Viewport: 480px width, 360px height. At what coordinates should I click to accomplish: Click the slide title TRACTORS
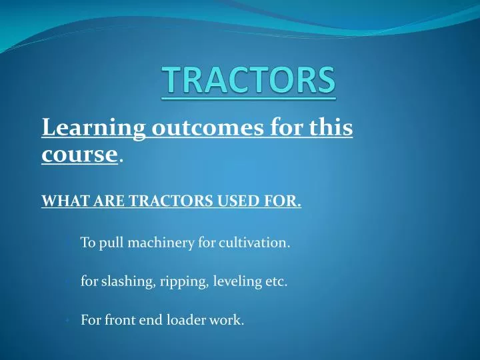pos(249,81)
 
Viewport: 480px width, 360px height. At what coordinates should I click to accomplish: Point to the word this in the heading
pos(328,127)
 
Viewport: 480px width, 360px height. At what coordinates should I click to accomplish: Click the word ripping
pos(183,282)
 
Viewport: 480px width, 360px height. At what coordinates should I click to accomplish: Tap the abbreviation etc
pos(275,282)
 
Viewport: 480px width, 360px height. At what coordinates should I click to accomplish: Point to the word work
pos(227,321)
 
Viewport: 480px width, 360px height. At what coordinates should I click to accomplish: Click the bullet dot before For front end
pos(69,321)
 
